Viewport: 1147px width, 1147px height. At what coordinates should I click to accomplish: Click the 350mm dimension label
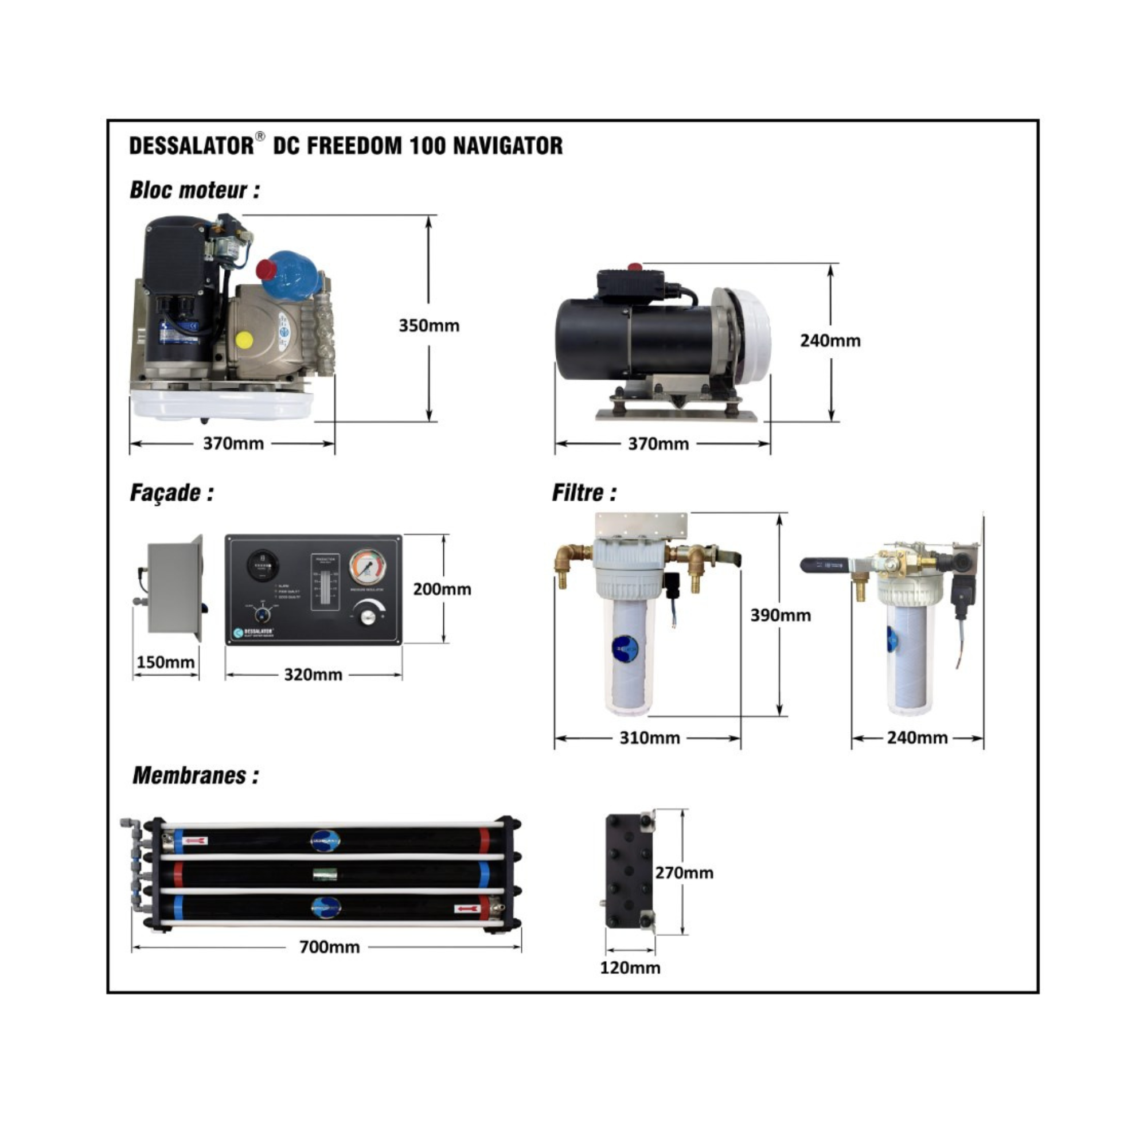click(428, 326)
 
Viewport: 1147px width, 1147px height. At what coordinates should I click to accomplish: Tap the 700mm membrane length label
click(330, 947)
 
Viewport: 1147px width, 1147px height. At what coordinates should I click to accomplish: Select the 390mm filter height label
click(780, 615)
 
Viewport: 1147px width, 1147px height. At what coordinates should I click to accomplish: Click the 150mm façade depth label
click(166, 662)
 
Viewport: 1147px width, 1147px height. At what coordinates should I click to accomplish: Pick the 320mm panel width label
click(313, 675)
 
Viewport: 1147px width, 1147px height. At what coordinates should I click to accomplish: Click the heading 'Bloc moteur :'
click(195, 190)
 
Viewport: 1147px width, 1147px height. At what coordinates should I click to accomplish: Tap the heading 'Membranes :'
click(196, 775)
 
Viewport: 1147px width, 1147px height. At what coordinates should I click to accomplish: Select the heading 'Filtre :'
click(584, 493)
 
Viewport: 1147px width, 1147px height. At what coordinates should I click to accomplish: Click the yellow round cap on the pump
click(244, 340)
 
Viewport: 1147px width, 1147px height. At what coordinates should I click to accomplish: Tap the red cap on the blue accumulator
click(265, 271)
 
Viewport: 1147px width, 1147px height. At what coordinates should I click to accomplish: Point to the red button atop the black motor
click(635, 267)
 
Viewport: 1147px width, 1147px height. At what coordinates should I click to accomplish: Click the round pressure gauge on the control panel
click(368, 567)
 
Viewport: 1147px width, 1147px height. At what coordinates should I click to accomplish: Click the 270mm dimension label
click(684, 873)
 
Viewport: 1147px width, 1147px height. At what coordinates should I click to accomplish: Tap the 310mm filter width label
click(650, 738)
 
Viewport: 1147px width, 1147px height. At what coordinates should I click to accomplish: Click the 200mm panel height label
click(442, 590)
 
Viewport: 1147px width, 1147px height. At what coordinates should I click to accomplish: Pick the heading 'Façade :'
click(171, 493)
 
